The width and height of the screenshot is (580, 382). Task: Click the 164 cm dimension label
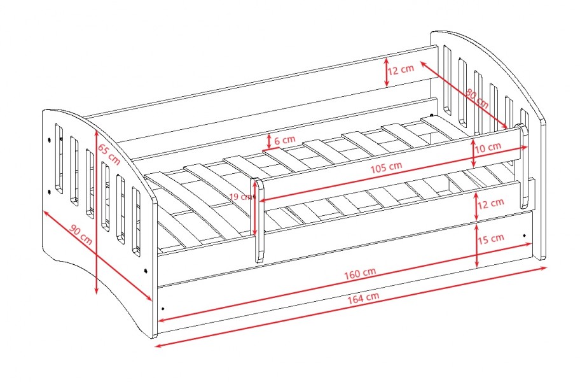[363, 297]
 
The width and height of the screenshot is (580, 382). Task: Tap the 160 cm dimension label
[360, 273]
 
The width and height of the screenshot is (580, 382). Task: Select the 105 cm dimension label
[386, 167]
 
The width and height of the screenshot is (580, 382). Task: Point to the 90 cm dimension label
[81, 234]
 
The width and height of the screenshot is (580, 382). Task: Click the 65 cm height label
[109, 154]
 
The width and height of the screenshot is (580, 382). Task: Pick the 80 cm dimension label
[477, 99]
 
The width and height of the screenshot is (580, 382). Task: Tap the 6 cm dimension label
[285, 140]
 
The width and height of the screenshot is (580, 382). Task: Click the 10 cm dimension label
[488, 147]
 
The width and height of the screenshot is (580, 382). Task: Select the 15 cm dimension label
[490, 239]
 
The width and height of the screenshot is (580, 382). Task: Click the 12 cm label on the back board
[401, 69]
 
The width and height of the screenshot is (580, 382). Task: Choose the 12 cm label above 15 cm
[490, 203]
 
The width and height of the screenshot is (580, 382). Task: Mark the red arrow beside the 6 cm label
[269, 141]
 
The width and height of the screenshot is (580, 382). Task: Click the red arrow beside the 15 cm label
[477, 244]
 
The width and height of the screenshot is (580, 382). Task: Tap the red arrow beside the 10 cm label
[474, 153]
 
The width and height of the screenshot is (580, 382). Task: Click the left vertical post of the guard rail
[258, 220]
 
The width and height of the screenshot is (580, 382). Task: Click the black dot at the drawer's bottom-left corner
[163, 308]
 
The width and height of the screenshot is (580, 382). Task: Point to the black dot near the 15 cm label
[524, 235]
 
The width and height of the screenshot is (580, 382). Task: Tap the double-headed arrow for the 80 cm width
[464, 95]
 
